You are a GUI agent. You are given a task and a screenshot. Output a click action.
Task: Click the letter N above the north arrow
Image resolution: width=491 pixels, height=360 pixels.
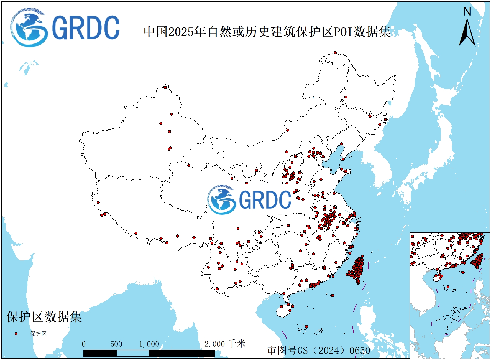(467, 12)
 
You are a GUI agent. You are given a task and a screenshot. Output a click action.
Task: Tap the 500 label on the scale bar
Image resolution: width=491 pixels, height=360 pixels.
(116, 344)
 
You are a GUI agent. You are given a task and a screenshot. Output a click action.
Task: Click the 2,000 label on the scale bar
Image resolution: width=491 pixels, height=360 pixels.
(214, 344)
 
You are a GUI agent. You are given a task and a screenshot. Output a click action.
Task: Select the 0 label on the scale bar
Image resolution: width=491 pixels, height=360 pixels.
(84, 344)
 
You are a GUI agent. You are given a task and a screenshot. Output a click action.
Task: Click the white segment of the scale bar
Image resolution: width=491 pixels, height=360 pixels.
(132, 353)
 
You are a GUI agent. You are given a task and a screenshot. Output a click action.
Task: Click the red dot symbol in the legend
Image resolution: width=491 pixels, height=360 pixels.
(16, 334)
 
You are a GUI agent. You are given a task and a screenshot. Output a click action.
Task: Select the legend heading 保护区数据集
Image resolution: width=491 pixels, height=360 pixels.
(44, 317)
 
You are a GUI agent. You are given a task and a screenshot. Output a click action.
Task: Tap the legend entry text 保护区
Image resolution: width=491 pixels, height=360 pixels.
(38, 334)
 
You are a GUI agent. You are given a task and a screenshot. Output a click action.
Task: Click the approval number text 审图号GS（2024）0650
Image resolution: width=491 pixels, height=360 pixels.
(319, 350)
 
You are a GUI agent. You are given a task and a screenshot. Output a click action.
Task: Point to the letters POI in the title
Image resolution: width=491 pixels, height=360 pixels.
(343, 32)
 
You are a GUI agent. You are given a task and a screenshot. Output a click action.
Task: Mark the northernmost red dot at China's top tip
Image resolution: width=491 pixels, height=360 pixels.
(335, 53)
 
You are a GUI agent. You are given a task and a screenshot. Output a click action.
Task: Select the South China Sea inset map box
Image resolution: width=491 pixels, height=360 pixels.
(449, 295)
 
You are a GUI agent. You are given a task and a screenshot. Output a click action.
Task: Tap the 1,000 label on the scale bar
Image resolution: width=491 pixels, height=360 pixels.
(149, 344)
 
